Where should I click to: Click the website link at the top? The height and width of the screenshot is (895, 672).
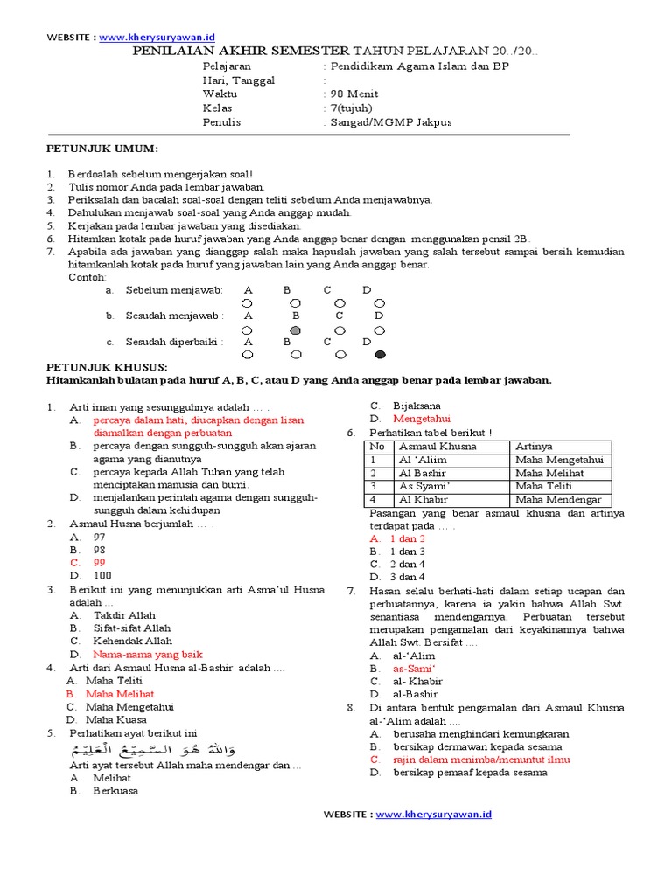(x=157, y=38)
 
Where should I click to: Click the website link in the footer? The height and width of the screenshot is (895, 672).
(x=434, y=814)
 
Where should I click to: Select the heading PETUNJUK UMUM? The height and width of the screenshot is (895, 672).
(x=101, y=149)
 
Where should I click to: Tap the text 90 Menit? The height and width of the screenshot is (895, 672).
(x=352, y=94)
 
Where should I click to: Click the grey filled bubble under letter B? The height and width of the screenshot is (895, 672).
(x=296, y=330)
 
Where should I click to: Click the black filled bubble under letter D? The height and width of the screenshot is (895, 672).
(x=379, y=355)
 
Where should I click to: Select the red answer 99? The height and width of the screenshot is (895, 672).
(x=99, y=563)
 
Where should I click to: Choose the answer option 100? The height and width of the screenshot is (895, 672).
(x=101, y=576)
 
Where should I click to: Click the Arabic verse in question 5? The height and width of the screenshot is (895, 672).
(x=152, y=750)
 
